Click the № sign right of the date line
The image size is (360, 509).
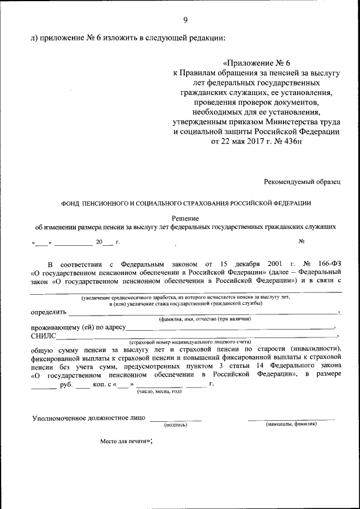301,242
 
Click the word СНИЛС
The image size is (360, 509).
43,336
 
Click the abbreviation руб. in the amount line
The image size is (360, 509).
66,385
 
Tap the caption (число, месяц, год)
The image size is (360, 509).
160,391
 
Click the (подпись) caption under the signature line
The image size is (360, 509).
175,425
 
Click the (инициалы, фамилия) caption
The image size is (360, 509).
291,424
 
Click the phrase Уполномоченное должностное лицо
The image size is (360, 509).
89,418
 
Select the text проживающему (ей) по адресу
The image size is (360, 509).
78,327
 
